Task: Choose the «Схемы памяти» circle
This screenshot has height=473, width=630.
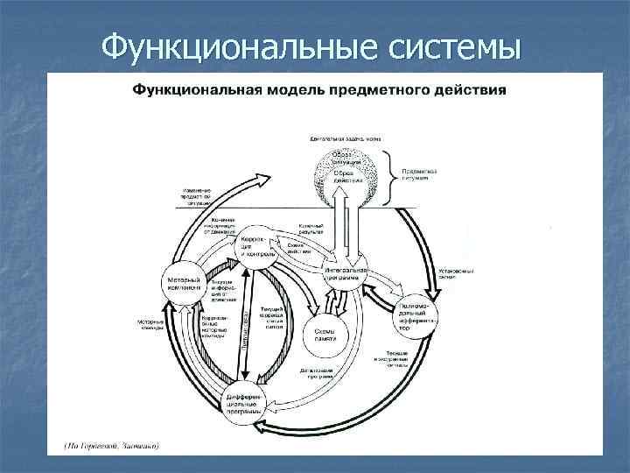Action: click(325, 334)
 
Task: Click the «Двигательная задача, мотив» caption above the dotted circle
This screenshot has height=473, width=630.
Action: click(344, 138)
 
